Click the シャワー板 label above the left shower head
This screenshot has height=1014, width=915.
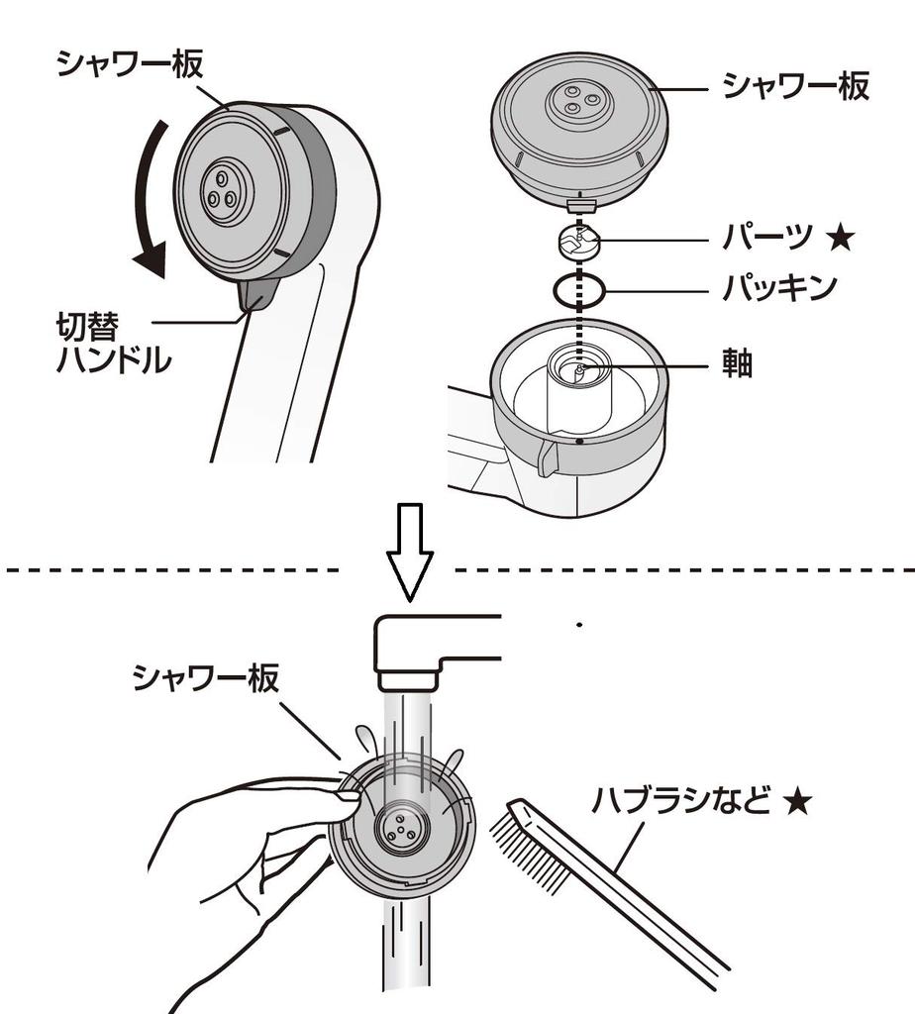tap(130, 64)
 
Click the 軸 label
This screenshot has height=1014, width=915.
tap(738, 364)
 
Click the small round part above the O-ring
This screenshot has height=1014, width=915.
tap(580, 241)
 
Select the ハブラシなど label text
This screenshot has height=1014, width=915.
tap(682, 800)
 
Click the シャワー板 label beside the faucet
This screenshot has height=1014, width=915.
tap(206, 678)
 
